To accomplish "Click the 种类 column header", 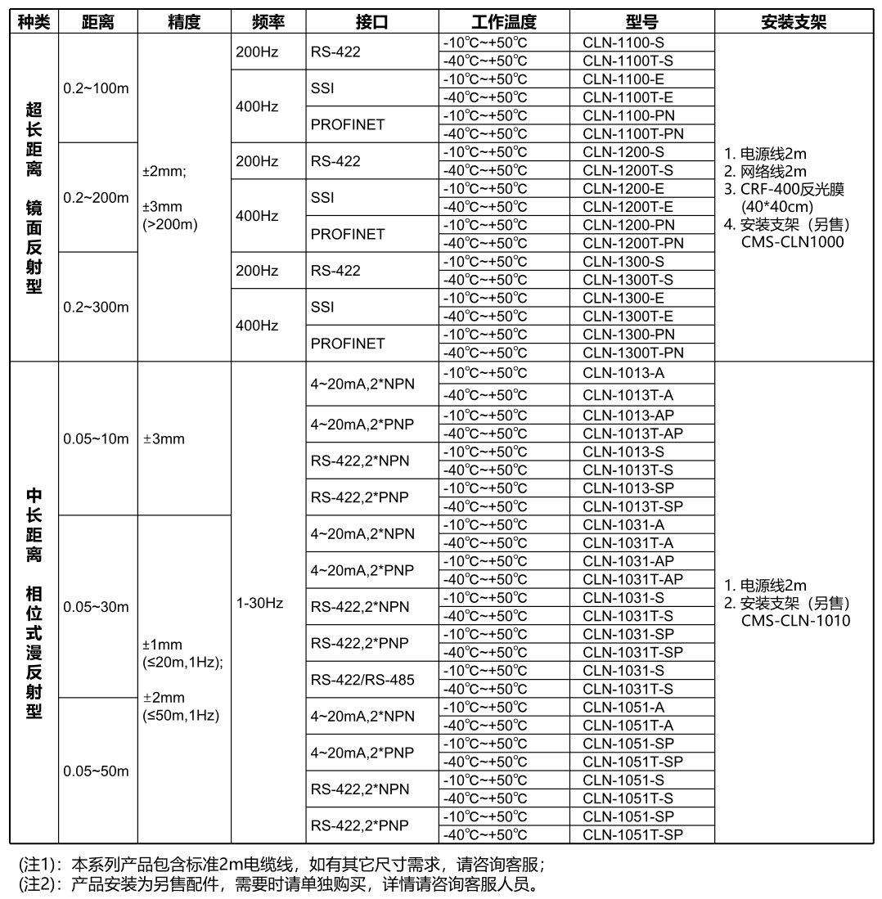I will (x=34, y=23).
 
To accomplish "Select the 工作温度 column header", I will (x=504, y=23).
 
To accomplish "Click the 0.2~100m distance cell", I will (x=96, y=88).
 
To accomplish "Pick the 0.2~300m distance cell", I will (x=96, y=308).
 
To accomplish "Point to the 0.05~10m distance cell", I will (x=96, y=438).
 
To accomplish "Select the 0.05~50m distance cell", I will (x=96, y=771).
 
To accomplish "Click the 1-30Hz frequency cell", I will (x=259, y=603).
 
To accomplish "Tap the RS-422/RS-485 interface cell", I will (x=362, y=680).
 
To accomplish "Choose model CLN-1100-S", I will (x=623, y=42).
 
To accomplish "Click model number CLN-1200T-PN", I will (x=632, y=243).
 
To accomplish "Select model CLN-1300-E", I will (x=623, y=298).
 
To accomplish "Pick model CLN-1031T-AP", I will (x=632, y=579).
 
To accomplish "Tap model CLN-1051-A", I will (x=623, y=707).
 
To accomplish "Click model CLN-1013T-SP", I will (x=632, y=506).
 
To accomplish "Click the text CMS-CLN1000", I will (x=792, y=241).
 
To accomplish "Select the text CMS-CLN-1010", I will (x=796, y=621).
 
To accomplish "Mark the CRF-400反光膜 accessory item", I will (x=792, y=189).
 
